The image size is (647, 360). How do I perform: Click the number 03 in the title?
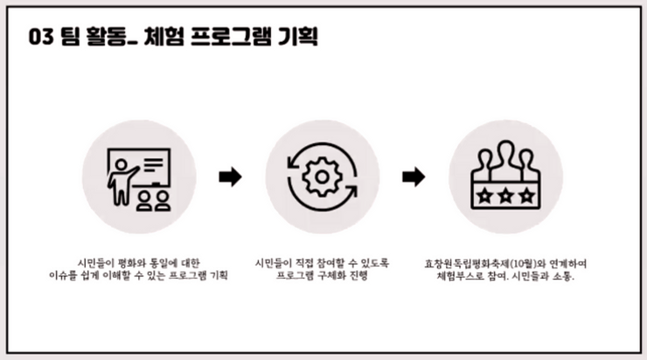click(41, 37)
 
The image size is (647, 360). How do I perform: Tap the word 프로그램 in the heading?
click(231, 37)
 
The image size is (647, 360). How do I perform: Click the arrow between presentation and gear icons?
click(230, 177)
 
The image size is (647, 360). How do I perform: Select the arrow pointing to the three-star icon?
click(414, 177)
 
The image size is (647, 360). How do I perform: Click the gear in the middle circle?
click(323, 177)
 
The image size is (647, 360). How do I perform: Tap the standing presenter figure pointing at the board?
click(121, 183)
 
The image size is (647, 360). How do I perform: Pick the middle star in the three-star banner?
click(505, 196)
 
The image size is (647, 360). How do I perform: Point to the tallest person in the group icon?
click(505, 160)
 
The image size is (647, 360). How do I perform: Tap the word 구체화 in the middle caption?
click(331, 275)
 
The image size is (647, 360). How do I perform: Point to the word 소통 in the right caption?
click(562, 276)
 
